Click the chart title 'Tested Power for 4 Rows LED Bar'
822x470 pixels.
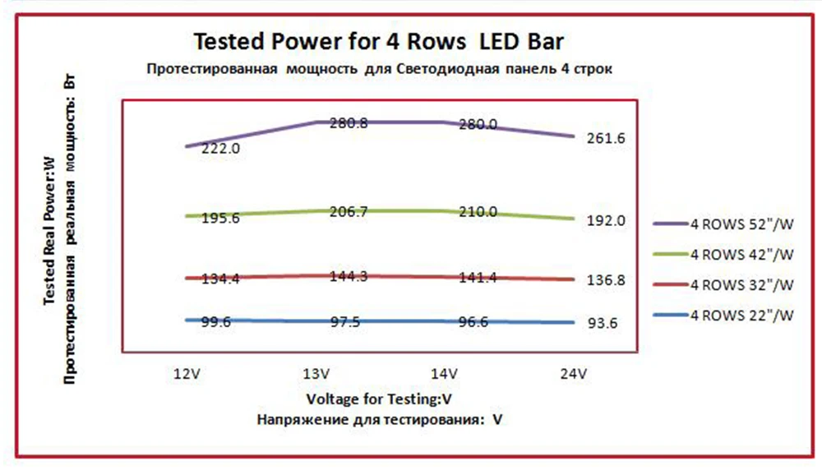(x=378, y=41)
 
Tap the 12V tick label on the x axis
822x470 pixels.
(x=187, y=374)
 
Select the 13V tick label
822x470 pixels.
(x=316, y=374)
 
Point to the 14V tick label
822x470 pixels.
(x=444, y=374)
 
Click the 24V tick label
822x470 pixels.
(x=573, y=374)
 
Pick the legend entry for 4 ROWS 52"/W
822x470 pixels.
(x=723, y=224)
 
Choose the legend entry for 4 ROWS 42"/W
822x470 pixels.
(x=723, y=255)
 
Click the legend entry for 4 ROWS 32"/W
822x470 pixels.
(x=723, y=285)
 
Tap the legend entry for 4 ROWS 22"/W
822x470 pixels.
(x=723, y=316)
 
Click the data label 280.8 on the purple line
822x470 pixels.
(x=349, y=123)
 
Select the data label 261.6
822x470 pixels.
(x=606, y=138)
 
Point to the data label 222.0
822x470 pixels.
(x=220, y=148)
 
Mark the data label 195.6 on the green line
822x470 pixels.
(x=220, y=218)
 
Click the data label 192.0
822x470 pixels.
(x=606, y=220)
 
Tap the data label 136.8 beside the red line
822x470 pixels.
(x=606, y=280)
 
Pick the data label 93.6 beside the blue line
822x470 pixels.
(x=603, y=323)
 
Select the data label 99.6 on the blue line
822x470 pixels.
(x=216, y=322)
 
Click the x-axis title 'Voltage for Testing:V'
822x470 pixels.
(x=378, y=399)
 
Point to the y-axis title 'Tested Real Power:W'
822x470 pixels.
(x=48, y=231)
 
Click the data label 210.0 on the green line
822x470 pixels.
(x=478, y=212)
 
